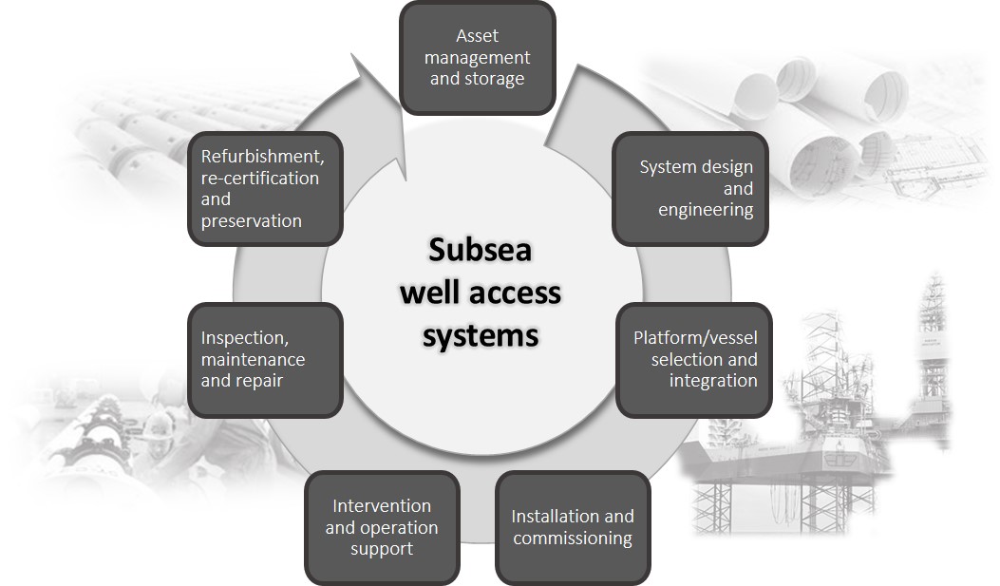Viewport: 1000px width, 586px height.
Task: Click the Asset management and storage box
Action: [477, 58]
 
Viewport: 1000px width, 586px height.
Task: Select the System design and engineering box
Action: [690, 188]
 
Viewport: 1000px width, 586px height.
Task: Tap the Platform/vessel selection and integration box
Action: [694, 360]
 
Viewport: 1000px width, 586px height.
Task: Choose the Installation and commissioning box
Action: [573, 527]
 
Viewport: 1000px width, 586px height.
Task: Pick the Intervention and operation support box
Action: [382, 527]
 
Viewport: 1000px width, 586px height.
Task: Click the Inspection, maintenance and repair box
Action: [265, 360]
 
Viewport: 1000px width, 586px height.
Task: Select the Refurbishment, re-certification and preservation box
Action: [265, 188]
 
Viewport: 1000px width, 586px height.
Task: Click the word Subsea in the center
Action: [480, 249]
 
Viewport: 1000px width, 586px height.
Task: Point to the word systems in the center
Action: [481, 334]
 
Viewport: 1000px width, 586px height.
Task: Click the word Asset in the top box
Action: [477, 36]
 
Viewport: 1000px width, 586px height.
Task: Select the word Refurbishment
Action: [256, 156]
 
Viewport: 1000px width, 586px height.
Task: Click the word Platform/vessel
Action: [695, 338]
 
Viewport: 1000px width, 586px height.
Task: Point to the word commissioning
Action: [573, 539]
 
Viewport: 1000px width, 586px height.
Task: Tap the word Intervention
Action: [382, 505]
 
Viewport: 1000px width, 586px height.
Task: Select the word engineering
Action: [706, 210]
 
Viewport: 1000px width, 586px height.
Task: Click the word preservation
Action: [252, 221]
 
